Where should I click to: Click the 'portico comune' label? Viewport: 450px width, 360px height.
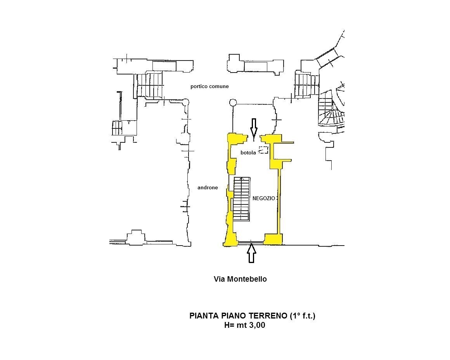209,87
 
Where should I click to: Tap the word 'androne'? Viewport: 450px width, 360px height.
208,187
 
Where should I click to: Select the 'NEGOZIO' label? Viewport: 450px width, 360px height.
263,198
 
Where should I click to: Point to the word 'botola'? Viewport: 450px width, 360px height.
248,153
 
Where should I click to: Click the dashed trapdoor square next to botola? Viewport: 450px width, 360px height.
263,150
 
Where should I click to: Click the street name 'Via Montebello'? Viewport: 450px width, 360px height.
240,279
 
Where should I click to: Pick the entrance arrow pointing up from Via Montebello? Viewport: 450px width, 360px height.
251,253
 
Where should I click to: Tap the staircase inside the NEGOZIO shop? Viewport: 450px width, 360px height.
241,199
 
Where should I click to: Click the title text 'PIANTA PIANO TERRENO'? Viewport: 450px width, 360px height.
238,316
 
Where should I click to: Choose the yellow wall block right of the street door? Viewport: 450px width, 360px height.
273,239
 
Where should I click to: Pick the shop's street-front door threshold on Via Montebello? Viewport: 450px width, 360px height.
251,244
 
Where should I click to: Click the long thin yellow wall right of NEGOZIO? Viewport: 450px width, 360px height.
279,201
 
